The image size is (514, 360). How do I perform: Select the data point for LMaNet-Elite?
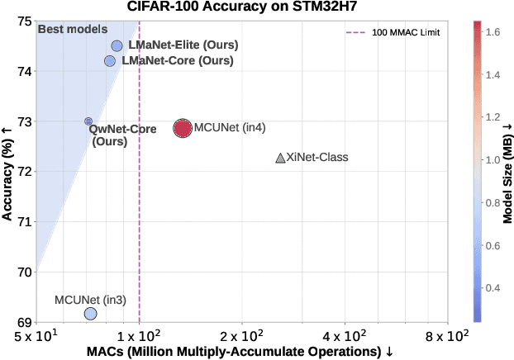117,46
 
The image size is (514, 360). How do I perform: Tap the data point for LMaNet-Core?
110,61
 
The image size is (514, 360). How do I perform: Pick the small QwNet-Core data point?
88,121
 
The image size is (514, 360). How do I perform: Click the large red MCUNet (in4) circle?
183,128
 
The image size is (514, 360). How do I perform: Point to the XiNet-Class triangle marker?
280,158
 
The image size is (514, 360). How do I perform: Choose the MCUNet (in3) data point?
91,313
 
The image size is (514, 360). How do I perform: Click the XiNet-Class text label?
316,157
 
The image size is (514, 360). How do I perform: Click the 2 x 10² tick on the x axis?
242,336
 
